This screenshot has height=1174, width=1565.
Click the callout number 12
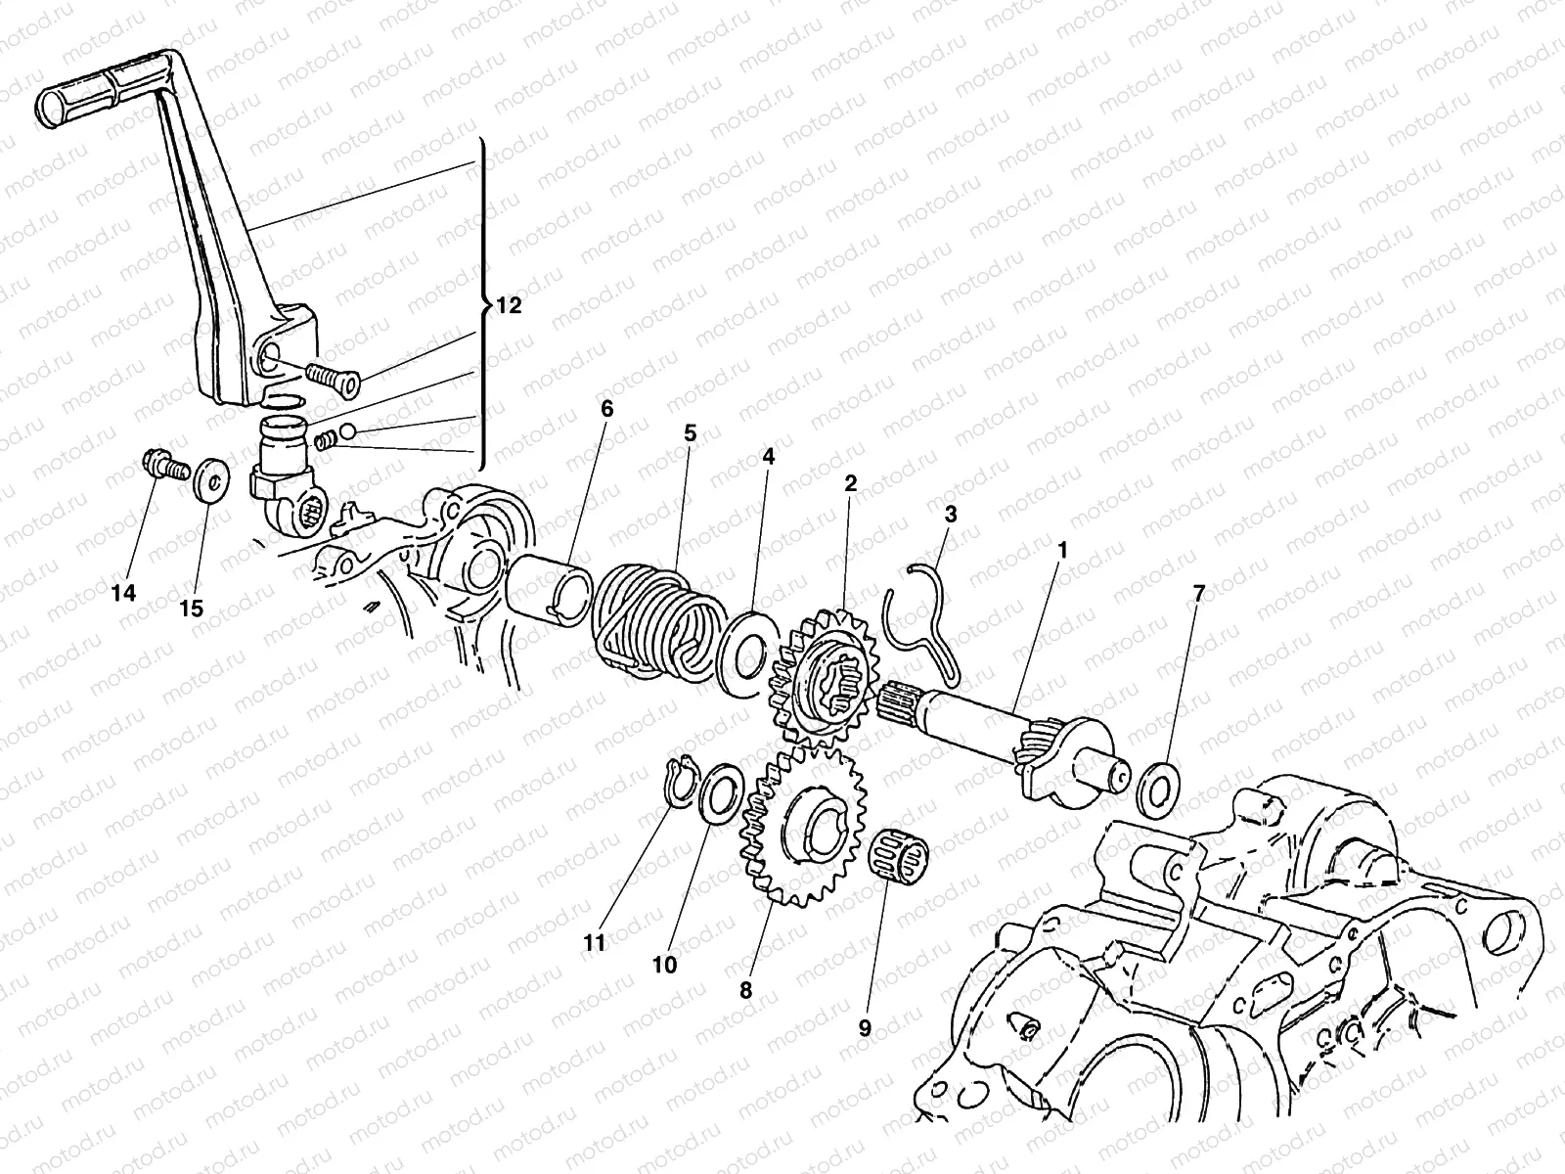coord(509,305)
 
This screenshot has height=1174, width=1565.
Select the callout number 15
coord(192,608)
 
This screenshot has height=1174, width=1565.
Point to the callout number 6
coord(606,408)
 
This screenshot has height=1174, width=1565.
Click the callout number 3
coord(951,513)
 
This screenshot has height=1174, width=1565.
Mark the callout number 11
coord(595,942)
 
